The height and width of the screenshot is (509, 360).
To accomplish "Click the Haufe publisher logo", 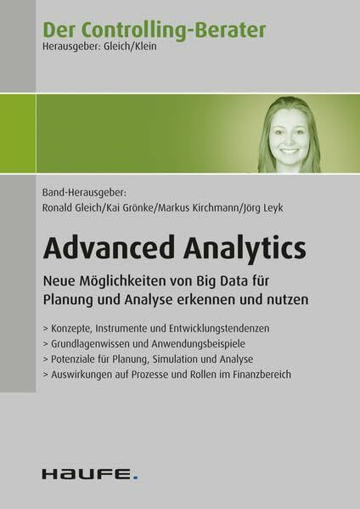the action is coord(90,474).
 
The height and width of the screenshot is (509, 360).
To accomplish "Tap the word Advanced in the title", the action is coord(110,247).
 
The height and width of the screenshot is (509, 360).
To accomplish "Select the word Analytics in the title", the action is coord(245,249).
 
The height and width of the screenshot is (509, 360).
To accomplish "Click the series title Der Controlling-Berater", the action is coord(155,30).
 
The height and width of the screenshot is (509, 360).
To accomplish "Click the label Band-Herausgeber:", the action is coord(84,192).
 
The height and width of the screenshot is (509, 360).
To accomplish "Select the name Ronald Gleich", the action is coord(71,207).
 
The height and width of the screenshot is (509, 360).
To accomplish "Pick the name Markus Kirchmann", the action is coord(198,207).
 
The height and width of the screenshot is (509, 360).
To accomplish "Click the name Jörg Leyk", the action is coord(262,208).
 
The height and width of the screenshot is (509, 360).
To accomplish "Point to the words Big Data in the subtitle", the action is coord(222,281).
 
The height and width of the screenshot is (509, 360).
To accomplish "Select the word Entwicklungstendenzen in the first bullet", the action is coord(219,329).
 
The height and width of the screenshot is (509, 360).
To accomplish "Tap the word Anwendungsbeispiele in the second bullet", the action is coord(198,344).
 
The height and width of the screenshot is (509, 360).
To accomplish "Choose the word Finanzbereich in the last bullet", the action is coord(262,375).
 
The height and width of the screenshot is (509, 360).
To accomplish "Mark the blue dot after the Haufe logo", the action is coord(135,478).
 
